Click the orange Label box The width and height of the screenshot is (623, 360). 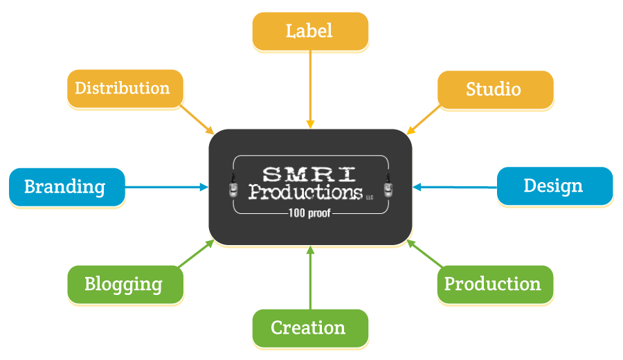click(309, 31)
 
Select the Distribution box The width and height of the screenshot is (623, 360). click(125, 89)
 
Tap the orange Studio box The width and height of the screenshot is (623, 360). click(494, 90)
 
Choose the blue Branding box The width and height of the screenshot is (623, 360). click(66, 187)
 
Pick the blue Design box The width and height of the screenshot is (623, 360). click(554, 186)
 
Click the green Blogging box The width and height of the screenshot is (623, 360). click(125, 285)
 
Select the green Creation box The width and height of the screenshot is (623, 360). click(309, 327)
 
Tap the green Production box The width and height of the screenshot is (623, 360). click(494, 285)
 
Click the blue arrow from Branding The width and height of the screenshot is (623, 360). click(166, 187)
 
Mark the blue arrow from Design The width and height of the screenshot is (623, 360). click(454, 187)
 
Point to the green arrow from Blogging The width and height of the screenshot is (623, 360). click(197, 253)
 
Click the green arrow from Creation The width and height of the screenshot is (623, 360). click(310, 277)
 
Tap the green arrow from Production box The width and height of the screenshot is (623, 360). click(424, 253)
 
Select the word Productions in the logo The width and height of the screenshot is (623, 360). click(305, 191)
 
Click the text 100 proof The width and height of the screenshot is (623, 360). click(310, 213)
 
